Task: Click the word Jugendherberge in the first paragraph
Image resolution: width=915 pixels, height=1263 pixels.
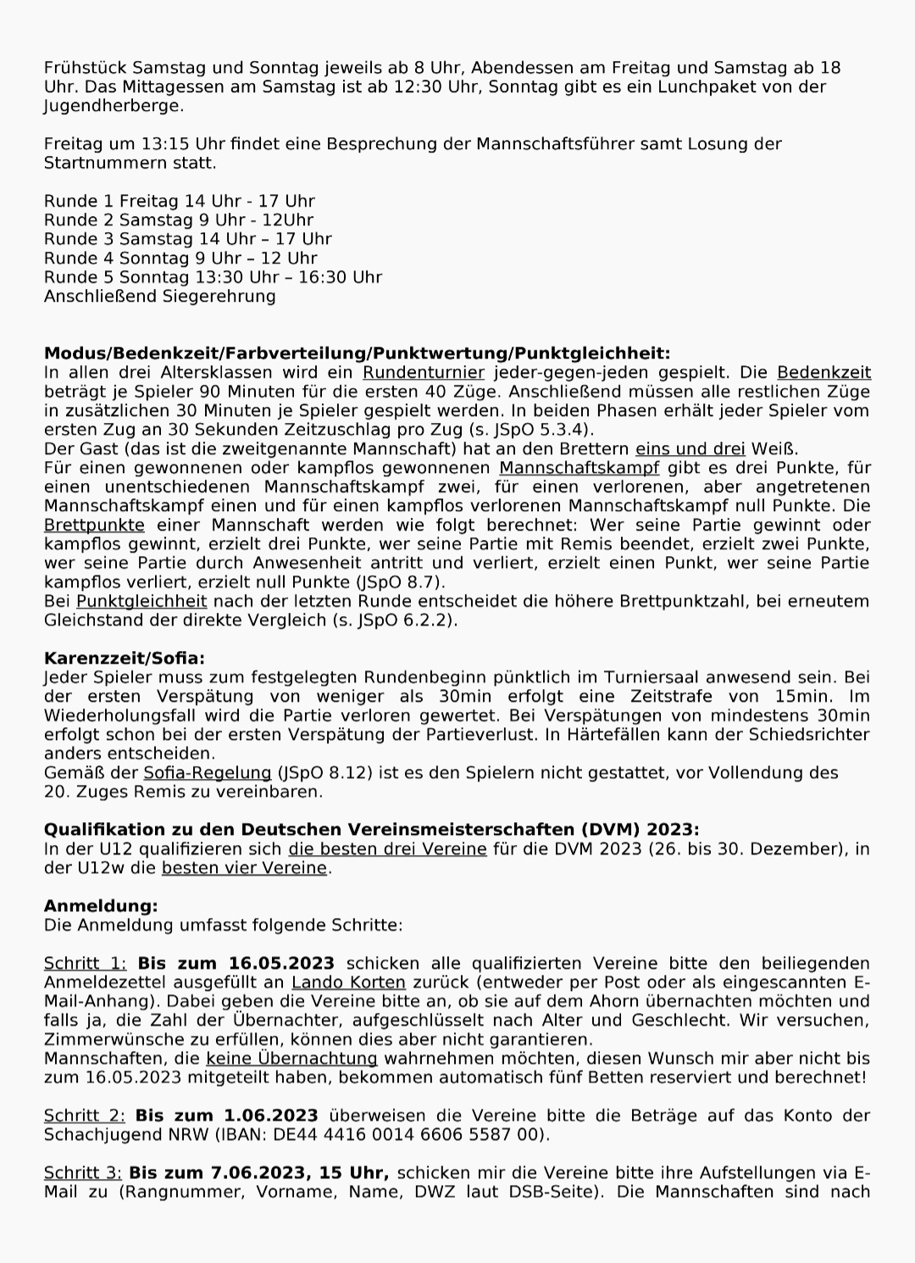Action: [x=113, y=106]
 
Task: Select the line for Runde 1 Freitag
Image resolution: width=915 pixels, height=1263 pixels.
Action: [x=179, y=201]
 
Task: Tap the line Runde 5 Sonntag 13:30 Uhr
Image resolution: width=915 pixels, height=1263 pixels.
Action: [x=213, y=277]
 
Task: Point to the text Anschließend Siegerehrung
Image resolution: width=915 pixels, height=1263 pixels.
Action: [x=159, y=296]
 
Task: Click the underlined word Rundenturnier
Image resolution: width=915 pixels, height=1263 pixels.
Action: [x=424, y=372]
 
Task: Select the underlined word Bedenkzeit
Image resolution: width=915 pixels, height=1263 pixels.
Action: [x=823, y=372]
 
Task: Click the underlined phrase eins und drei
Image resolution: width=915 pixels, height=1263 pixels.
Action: [x=690, y=448]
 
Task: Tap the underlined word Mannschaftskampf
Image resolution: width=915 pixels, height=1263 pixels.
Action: [x=579, y=468]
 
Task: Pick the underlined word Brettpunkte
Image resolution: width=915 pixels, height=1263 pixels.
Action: [x=94, y=525]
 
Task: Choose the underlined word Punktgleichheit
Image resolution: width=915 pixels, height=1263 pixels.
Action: [x=141, y=601]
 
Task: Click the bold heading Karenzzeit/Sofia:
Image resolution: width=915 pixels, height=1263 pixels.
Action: [x=124, y=659]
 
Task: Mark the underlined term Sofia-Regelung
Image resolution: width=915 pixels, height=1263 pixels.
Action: [x=207, y=772]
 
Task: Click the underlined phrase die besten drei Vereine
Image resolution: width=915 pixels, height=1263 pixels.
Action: [x=387, y=848]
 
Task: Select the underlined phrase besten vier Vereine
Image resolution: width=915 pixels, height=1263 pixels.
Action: [x=244, y=867]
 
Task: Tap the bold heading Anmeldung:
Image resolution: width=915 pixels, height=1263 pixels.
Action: [x=101, y=906]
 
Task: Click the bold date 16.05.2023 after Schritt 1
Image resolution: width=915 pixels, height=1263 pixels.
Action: [x=280, y=963]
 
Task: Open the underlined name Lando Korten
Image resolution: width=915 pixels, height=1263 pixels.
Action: [x=348, y=982]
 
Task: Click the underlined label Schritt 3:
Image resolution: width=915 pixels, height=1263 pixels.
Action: [x=83, y=1172]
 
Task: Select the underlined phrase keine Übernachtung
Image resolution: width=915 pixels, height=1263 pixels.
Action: [x=291, y=1058]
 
